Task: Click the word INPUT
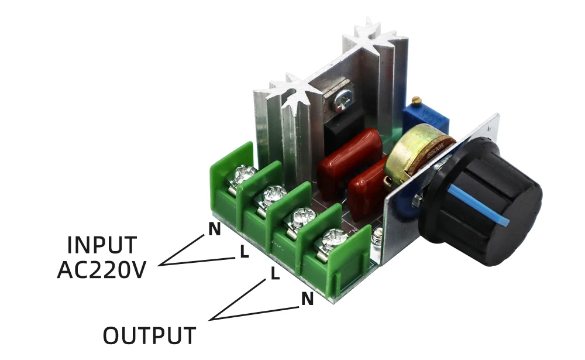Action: coord(102,244)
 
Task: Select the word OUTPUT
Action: coord(149,335)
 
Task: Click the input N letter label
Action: coord(215,229)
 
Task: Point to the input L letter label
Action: coord(244,252)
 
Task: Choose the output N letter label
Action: coord(307,299)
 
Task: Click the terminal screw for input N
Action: coord(245,174)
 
